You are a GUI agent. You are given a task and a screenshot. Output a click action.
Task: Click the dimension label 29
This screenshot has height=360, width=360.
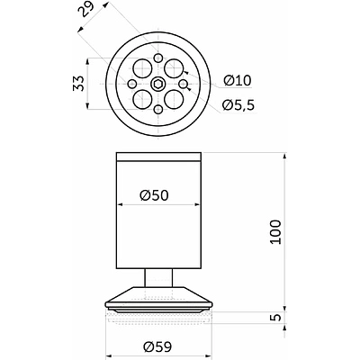[86, 11]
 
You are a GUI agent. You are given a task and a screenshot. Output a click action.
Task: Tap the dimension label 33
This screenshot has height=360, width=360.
[78, 84]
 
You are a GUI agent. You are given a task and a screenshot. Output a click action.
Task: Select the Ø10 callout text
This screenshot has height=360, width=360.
[237, 80]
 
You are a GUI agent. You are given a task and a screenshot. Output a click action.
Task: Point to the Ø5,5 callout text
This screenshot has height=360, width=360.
[238, 104]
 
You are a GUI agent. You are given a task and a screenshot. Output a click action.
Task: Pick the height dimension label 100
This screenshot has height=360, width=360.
[275, 232]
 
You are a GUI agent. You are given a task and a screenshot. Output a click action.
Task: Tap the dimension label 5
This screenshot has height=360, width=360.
[276, 317]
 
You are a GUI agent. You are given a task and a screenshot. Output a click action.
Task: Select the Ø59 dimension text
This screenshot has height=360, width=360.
[157, 347]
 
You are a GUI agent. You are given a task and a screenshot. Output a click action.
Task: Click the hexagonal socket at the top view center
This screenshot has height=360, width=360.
[157, 84]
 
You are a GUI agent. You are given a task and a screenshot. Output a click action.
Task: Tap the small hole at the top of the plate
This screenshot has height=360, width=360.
[157, 58]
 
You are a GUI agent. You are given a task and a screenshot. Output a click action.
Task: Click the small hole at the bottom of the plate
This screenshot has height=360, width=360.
[157, 110]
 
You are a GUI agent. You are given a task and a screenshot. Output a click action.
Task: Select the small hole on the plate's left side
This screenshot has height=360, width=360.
[132, 84]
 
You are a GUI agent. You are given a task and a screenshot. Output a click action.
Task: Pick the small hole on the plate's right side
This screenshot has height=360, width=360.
[184, 84]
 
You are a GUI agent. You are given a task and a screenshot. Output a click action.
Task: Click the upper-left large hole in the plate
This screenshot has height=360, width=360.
[142, 68]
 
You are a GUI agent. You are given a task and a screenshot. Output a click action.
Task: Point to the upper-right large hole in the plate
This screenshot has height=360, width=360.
[174, 68]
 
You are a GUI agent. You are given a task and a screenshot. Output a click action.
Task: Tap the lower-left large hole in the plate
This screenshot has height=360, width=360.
[142, 99]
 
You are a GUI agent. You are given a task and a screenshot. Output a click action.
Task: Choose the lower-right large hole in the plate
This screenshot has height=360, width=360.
[174, 99]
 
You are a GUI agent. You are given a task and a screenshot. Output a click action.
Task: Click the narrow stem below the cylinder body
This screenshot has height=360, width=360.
[158, 277]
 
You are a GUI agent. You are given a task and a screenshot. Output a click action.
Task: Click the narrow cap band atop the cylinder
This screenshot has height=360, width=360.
[158, 157]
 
